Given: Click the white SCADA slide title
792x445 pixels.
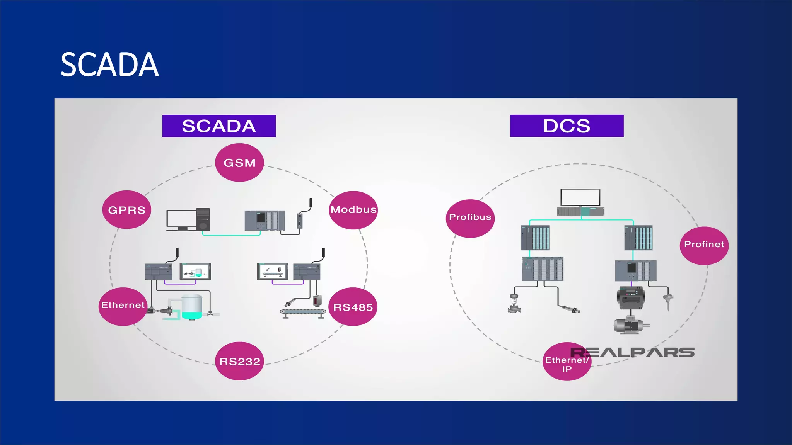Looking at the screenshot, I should [x=109, y=65].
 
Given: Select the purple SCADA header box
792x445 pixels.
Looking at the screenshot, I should [x=219, y=126].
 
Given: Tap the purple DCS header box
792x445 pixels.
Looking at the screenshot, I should [x=567, y=126].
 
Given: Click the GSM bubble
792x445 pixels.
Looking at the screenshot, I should [x=239, y=163].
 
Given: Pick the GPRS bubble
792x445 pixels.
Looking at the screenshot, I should [x=126, y=210].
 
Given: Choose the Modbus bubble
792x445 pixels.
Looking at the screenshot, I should [x=353, y=210].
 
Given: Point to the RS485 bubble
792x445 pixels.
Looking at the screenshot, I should [x=353, y=307].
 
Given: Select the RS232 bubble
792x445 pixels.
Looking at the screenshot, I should [x=239, y=361].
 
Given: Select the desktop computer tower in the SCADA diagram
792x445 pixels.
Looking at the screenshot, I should [x=203, y=219].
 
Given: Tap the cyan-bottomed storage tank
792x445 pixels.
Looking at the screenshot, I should [x=192, y=307].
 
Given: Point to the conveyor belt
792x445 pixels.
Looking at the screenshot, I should [x=302, y=312].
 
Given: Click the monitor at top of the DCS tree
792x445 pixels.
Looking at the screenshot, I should [x=580, y=197].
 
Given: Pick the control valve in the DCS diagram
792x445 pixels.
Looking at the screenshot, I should [x=514, y=304].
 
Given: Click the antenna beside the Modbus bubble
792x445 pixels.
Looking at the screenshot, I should [x=311, y=203].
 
